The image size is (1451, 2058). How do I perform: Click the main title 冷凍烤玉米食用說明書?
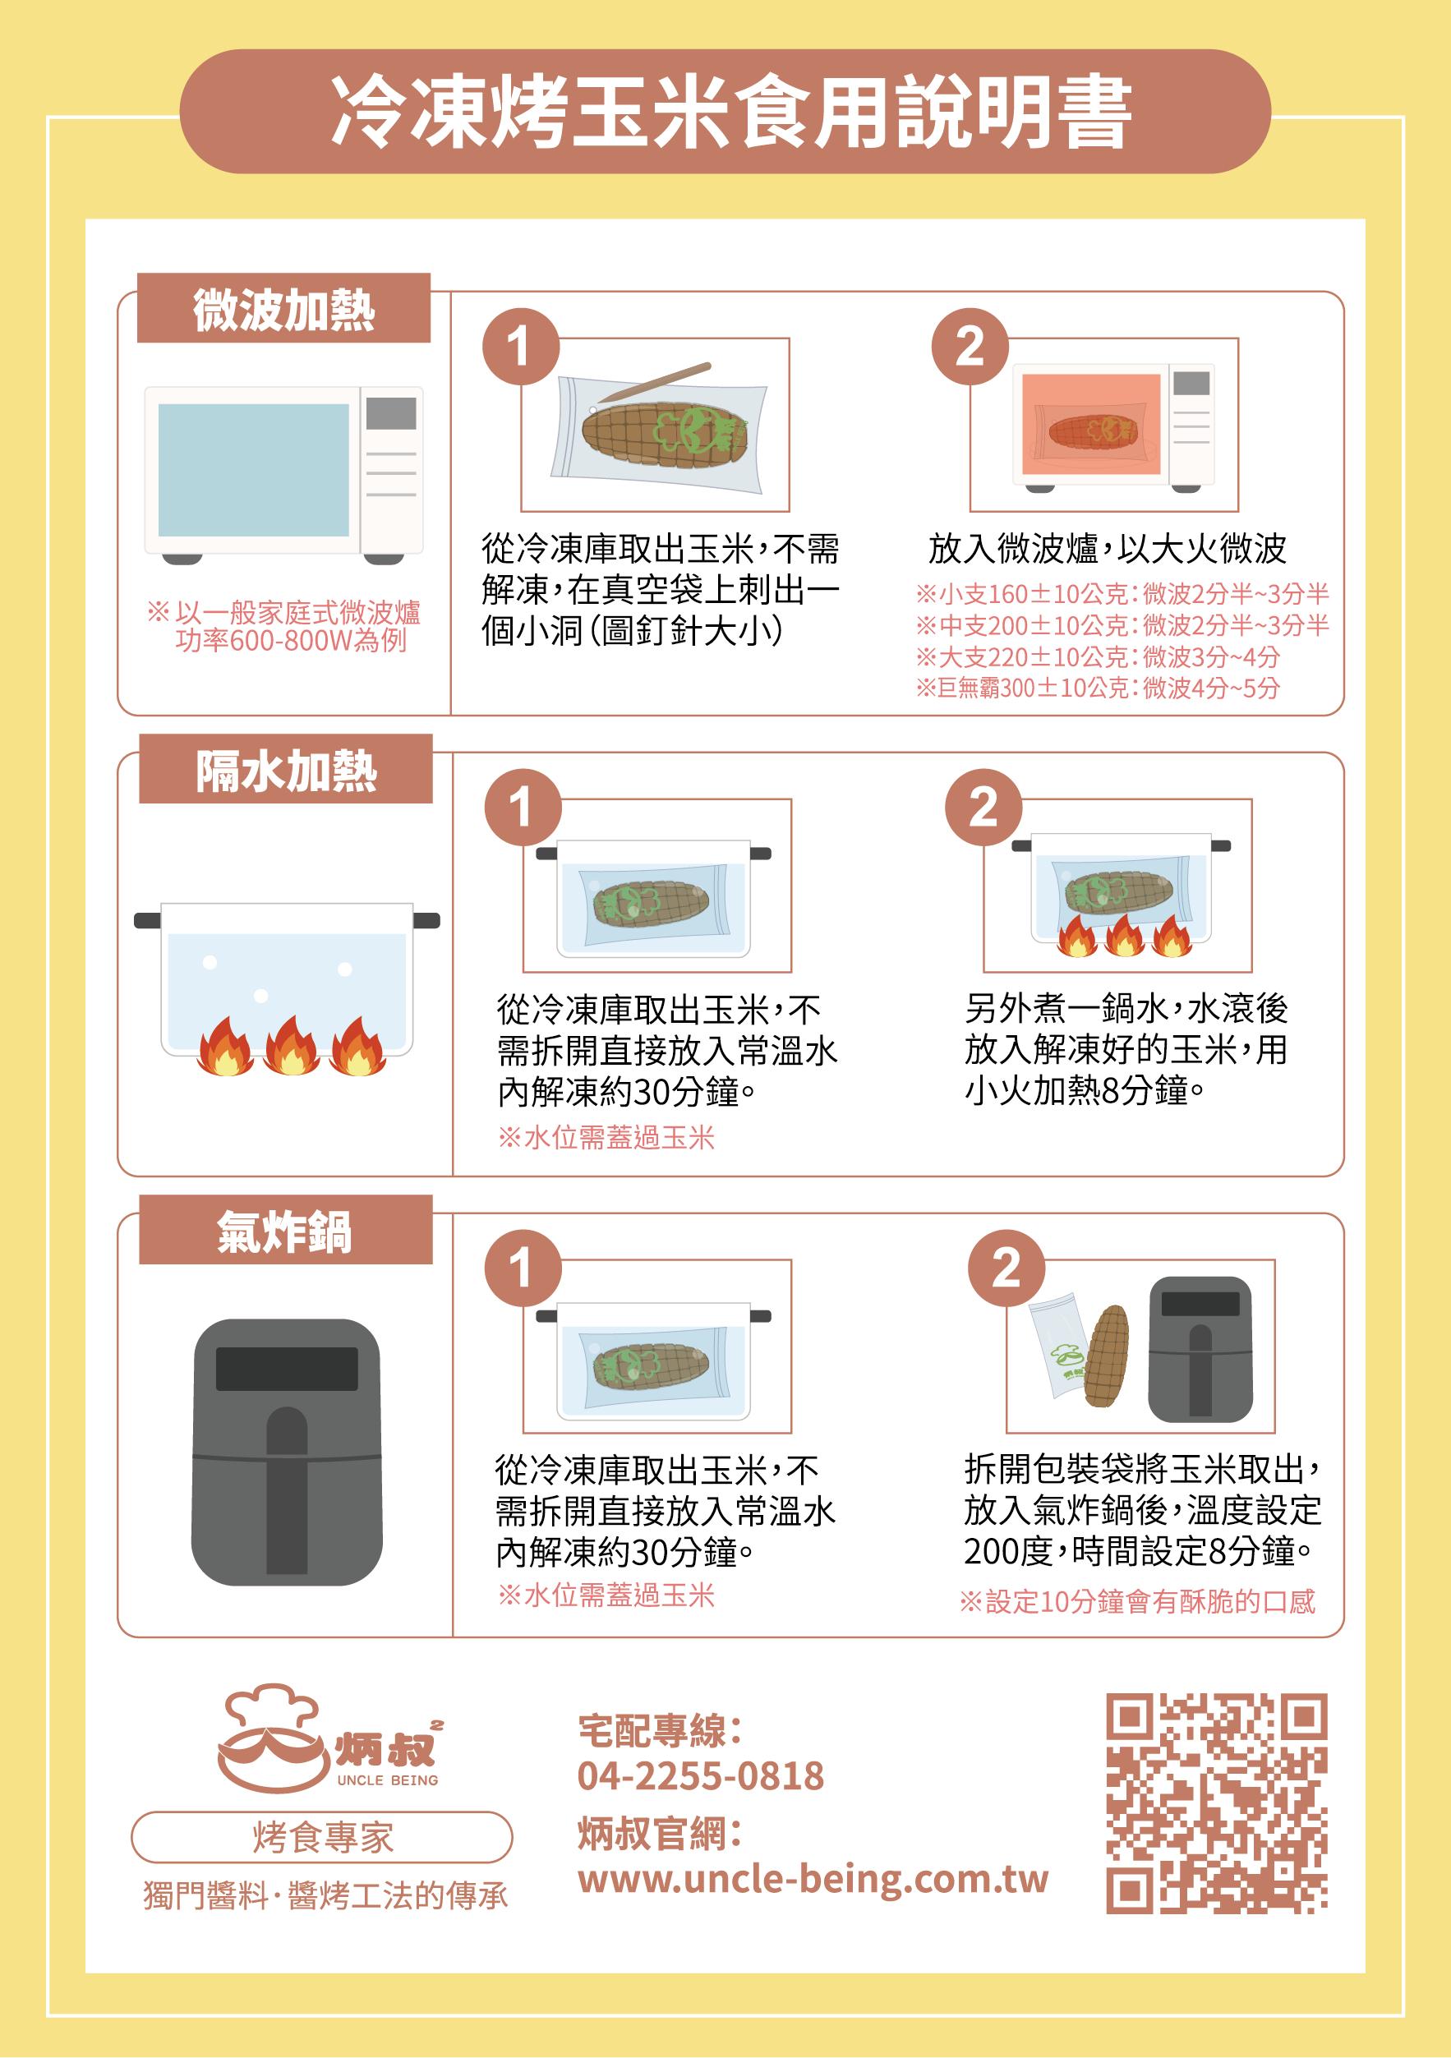(x=730, y=113)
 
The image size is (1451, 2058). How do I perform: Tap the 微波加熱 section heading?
(x=283, y=310)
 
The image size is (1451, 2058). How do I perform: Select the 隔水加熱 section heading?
(x=286, y=771)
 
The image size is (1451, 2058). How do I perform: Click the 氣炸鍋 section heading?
(x=285, y=1231)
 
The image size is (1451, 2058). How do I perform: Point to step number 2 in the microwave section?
(x=970, y=346)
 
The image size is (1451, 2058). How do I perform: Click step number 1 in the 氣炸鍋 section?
(x=523, y=1268)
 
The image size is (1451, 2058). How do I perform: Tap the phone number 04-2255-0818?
(x=700, y=1774)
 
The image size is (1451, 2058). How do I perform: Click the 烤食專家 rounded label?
(x=323, y=1837)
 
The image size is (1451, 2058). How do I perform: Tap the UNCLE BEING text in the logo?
(x=387, y=1780)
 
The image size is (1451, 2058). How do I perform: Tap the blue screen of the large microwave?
(x=254, y=470)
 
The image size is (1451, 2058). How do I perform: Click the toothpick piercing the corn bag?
(x=653, y=383)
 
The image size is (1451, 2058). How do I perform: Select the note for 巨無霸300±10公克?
(x=1098, y=688)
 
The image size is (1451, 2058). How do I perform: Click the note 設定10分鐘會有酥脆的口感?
(x=1137, y=1601)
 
